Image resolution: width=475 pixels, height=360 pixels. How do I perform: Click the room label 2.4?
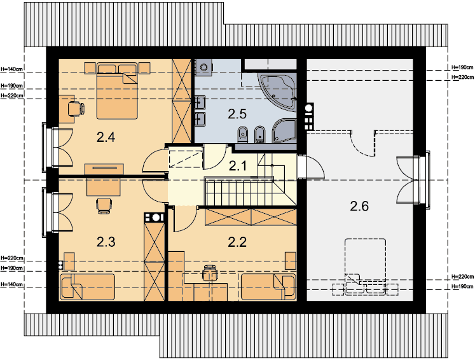pyautogui.click(x=106, y=137)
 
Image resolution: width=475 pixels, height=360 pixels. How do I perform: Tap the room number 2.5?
pyautogui.click(x=237, y=114)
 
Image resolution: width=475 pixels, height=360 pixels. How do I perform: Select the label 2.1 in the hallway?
pyautogui.click(x=238, y=166)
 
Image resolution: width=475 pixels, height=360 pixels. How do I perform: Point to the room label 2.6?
pyautogui.click(x=359, y=206)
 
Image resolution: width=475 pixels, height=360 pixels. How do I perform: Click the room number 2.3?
pyautogui.click(x=106, y=242)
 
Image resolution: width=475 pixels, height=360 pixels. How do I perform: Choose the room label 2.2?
pyautogui.click(x=237, y=242)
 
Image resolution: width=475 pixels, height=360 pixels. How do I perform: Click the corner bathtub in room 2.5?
pyautogui.click(x=277, y=92)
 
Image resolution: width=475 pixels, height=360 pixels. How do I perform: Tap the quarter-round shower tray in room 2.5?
pyautogui.click(x=284, y=130)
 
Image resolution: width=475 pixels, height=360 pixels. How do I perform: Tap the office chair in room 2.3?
pyautogui.click(x=104, y=205)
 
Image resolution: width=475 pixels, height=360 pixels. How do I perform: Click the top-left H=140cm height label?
pyautogui.click(x=11, y=69)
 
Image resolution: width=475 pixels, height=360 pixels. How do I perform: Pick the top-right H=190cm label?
pyautogui.click(x=462, y=67)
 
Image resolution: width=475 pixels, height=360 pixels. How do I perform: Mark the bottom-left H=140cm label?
pyautogui.click(x=12, y=284)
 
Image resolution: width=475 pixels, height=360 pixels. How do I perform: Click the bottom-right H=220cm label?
pyautogui.click(x=462, y=277)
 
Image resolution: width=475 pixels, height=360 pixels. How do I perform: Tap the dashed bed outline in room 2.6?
pyautogui.click(x=366, y=267)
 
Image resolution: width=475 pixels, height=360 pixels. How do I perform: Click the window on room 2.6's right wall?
pyautogui.click(x=423, y=180)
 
